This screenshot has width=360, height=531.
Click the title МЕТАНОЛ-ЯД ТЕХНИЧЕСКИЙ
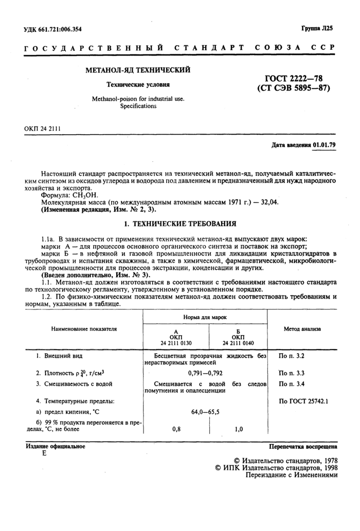[x=137, y=69]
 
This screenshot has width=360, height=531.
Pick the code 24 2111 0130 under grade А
[x=176, y=343]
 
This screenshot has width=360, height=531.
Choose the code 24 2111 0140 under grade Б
[x=238, y=343]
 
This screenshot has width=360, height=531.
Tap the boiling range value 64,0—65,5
[x=205, y=411]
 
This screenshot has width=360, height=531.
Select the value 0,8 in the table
[x=176, y=429]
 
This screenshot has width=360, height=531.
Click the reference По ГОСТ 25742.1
[x=303, y=399]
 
